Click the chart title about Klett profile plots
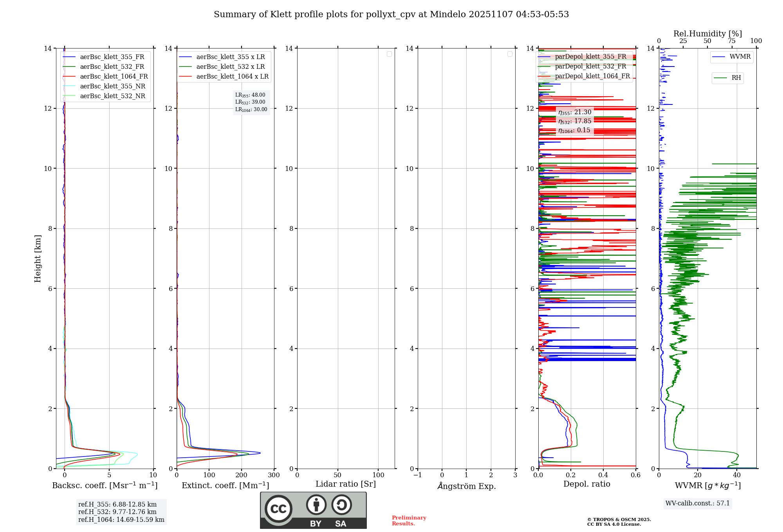pyautogui.click(x=391, y=14)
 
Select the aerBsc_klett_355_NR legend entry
pyautogui.click(x=112, y=86)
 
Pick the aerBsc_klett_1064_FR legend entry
pyautogui.click(x=114, y=76)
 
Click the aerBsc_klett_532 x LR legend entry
pyautogui.click(x=231, y=66)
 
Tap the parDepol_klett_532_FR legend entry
pyautogui.click(x=590, y=66)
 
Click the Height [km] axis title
pyautogui.click(x=38, y=259)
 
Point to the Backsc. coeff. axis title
pyautogui.click(x=105, y=485)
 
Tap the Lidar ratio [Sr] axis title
pyautogui.click(x=346, y=484)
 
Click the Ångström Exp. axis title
pyautogui.click(x=467, y=486)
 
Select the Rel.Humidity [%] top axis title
pyautogui.click(x=707, y=34)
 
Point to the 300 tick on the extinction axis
pyautogui.click(x=274, y=475)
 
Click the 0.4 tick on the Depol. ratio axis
pyautogui.click(x=603, y=475)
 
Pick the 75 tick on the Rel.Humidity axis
pyautogui.click(x=732, y=41)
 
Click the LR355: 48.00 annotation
pyautogui.click(x=250, y=95)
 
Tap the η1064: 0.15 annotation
pyautogui.click(x=574, y=130)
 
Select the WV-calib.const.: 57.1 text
pyautogui.click(x=698, y=503)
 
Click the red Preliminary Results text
pyautogui.click(x=409, y=521)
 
